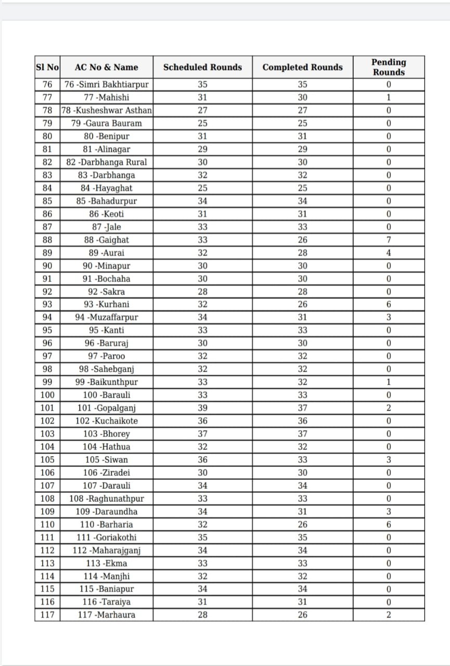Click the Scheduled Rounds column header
click(x=202, y=67)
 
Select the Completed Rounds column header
click(x=302, y=67)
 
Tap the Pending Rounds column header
click(x=389, y=67)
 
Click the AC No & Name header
click(x=106, y=67)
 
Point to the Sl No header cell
click(x=47, y=67)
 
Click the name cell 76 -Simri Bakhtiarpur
click(x=106, y=85)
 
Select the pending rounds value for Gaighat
click(x=389, y=240)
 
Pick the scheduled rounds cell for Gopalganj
click(x=202, y=408)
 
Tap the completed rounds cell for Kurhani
click(x=302, y=304)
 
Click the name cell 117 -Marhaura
click(x=106, y=615)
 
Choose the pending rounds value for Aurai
click(x=389, y=253)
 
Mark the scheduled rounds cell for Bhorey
click(x=202, y=434)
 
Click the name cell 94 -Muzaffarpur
click(x=106, y=317)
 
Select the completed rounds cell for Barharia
click(x=302, y=524)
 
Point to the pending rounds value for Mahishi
click(x=389, y=97)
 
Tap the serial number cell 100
click(x=47, y=395)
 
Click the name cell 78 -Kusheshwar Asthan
click(x=106, y=110)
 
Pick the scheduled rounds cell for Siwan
click(x=202, y=459)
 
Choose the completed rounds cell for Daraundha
click(x=302, y=511)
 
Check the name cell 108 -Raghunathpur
click(x=106, y=498)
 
